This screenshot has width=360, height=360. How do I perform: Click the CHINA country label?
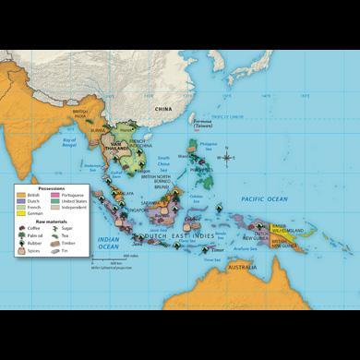[163, 109]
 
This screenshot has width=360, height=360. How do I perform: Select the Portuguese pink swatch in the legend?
[54, 195]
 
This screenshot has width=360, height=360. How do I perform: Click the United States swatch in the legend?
[54, 201]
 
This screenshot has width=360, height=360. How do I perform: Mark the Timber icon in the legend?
[54, 243]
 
